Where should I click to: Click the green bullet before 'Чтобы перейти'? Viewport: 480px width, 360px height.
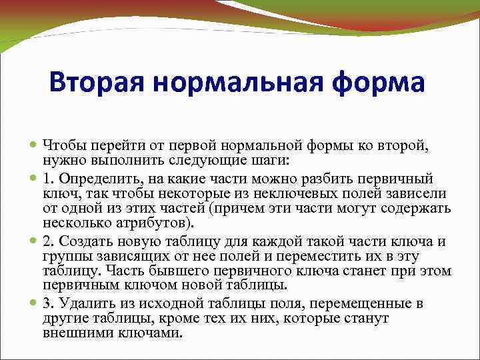[34, 145]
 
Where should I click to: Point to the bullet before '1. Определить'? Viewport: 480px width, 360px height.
[34, 179]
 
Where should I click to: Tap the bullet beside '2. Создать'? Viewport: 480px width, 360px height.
[34, 242]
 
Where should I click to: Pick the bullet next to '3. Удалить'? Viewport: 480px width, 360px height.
[34, 305]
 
